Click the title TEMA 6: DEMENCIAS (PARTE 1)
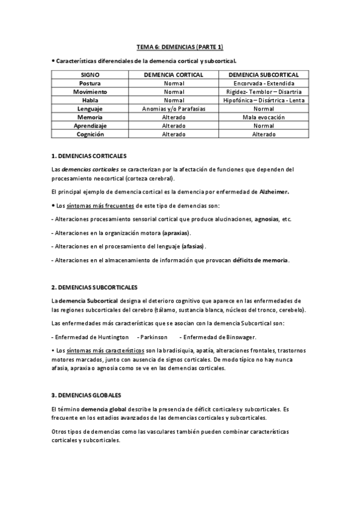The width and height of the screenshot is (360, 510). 180,47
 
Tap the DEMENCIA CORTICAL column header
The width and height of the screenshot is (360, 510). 174,74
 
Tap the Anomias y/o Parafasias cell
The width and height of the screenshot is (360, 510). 174,109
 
